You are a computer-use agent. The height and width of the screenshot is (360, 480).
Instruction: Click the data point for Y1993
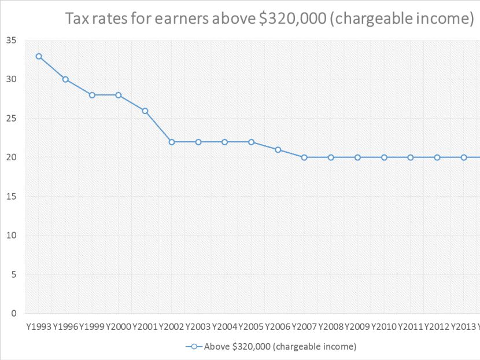click(39, 56)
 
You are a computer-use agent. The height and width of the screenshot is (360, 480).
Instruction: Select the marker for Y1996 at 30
click(65, 79)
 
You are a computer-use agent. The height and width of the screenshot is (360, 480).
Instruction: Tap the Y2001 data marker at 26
click(145, 111)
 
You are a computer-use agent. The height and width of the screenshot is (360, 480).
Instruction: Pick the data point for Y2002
click(172, 142)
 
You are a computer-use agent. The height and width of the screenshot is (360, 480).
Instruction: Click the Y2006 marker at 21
click(278, 150)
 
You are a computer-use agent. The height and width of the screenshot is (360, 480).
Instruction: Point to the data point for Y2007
click(304, 157)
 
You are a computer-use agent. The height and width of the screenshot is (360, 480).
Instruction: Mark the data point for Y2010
click(384, 157)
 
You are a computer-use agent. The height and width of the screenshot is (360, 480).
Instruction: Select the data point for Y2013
click(464, 157)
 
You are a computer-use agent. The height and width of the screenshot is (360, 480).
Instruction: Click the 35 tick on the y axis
click(11, 41)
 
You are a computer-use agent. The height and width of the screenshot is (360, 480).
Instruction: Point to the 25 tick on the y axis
click(11, 119)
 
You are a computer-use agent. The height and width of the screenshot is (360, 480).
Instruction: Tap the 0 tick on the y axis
click(13, 314)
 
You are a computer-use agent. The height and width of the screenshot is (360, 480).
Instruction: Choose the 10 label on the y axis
click(11, 236)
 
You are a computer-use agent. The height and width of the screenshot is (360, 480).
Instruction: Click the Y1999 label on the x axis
click(91, 327)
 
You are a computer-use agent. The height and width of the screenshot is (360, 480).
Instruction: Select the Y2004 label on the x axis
click(224, 327)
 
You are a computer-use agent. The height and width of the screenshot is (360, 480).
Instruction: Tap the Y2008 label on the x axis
click(331, 327)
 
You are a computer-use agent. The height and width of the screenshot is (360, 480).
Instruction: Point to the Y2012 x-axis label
click(437, 327)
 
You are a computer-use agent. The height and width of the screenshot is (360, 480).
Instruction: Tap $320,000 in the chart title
click(304, 20)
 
